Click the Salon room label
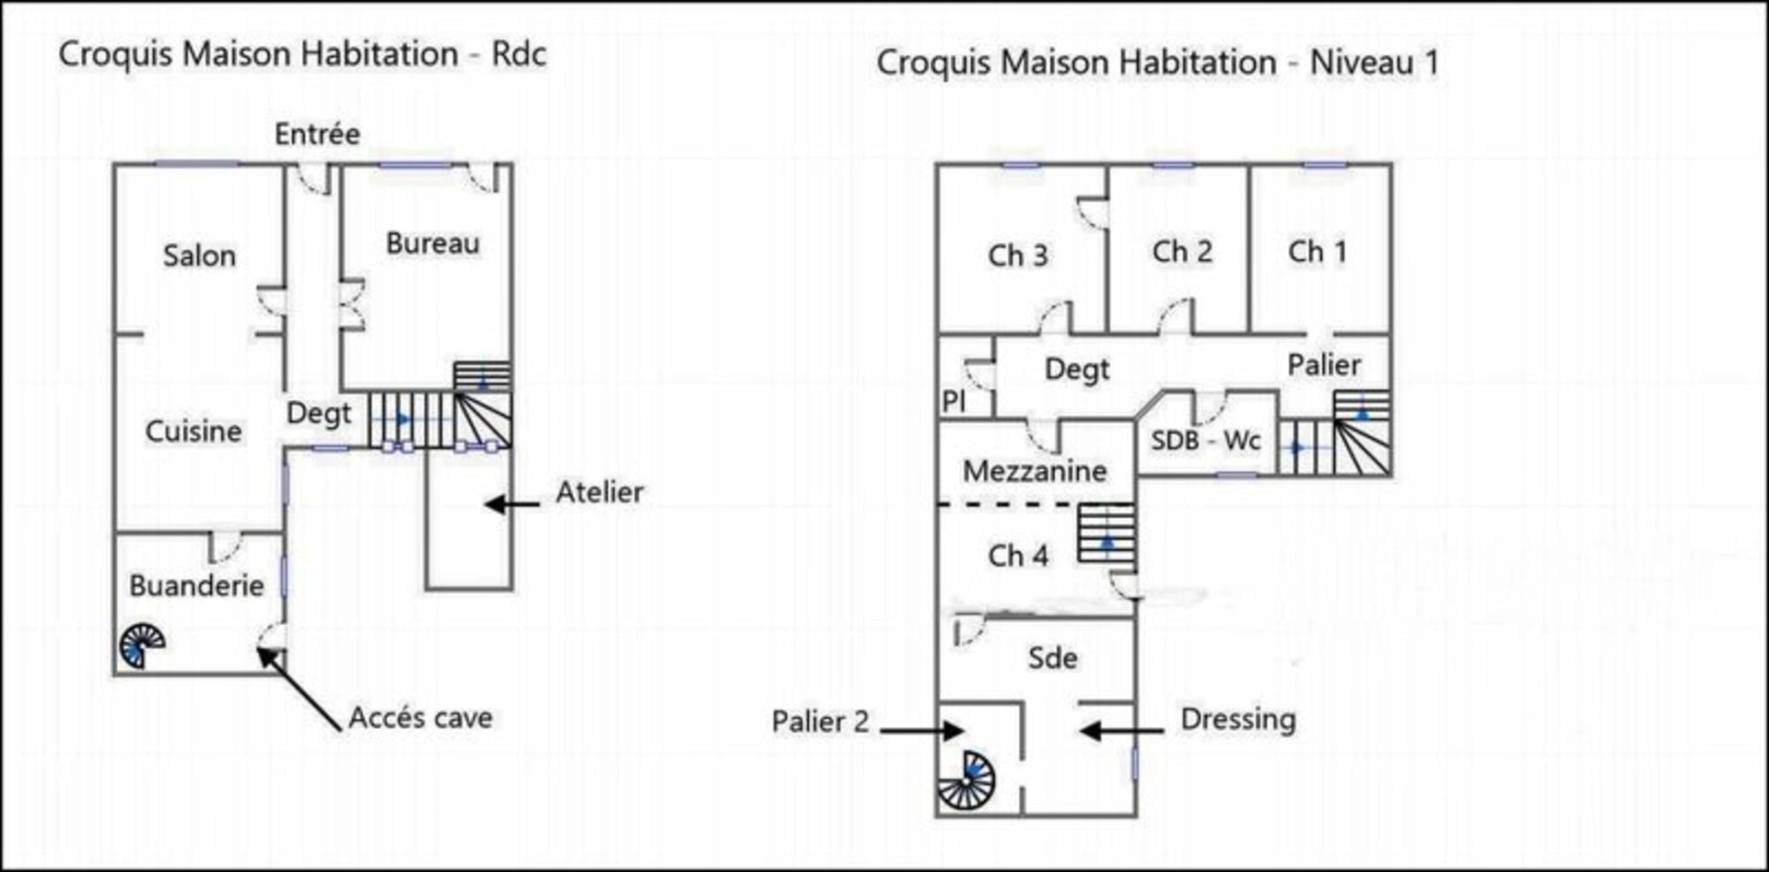pyautogui.click(x=199, y=255)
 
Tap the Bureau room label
pyautogui.click(x=433, y=243)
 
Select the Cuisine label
pyautogui.click(x=193, y=430)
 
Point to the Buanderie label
pyautogui.click(x=196, y=585)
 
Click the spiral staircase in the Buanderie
pyautogui.click(x=142, y=646)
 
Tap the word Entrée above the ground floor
pyautogui.click(x=317, y=135)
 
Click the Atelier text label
pyautogui.click(x=600, y=492)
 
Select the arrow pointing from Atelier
pyautogui.click(x=512, y=504)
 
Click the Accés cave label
pyautogui.click(x=420, y=718)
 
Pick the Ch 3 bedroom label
pyautogui.click(x=1018, y=255)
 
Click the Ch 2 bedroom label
pyautogui.click(x=1182, y=251)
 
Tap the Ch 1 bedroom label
pyautogui.click(x=1318, y=251)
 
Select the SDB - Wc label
pyautogui.click(x=1205, y=441)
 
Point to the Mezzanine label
pyautogui.click(x=1035, y=471)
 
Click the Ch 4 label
pyautogui.click(x=1018, y=556)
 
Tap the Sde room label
pyautogui.click(x=1053, y=658)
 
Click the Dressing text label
pyautogui.click(x=1238, y=720)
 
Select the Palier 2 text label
pyautogui.click(x=821, y=722)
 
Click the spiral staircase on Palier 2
pyautogui.click(x=967, y=781)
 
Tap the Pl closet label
pyautogui.click(x=954, y=401)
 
